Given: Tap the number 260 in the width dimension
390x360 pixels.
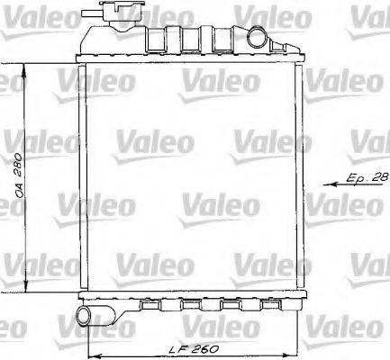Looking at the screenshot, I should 206,346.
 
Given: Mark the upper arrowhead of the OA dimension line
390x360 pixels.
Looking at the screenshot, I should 26,68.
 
